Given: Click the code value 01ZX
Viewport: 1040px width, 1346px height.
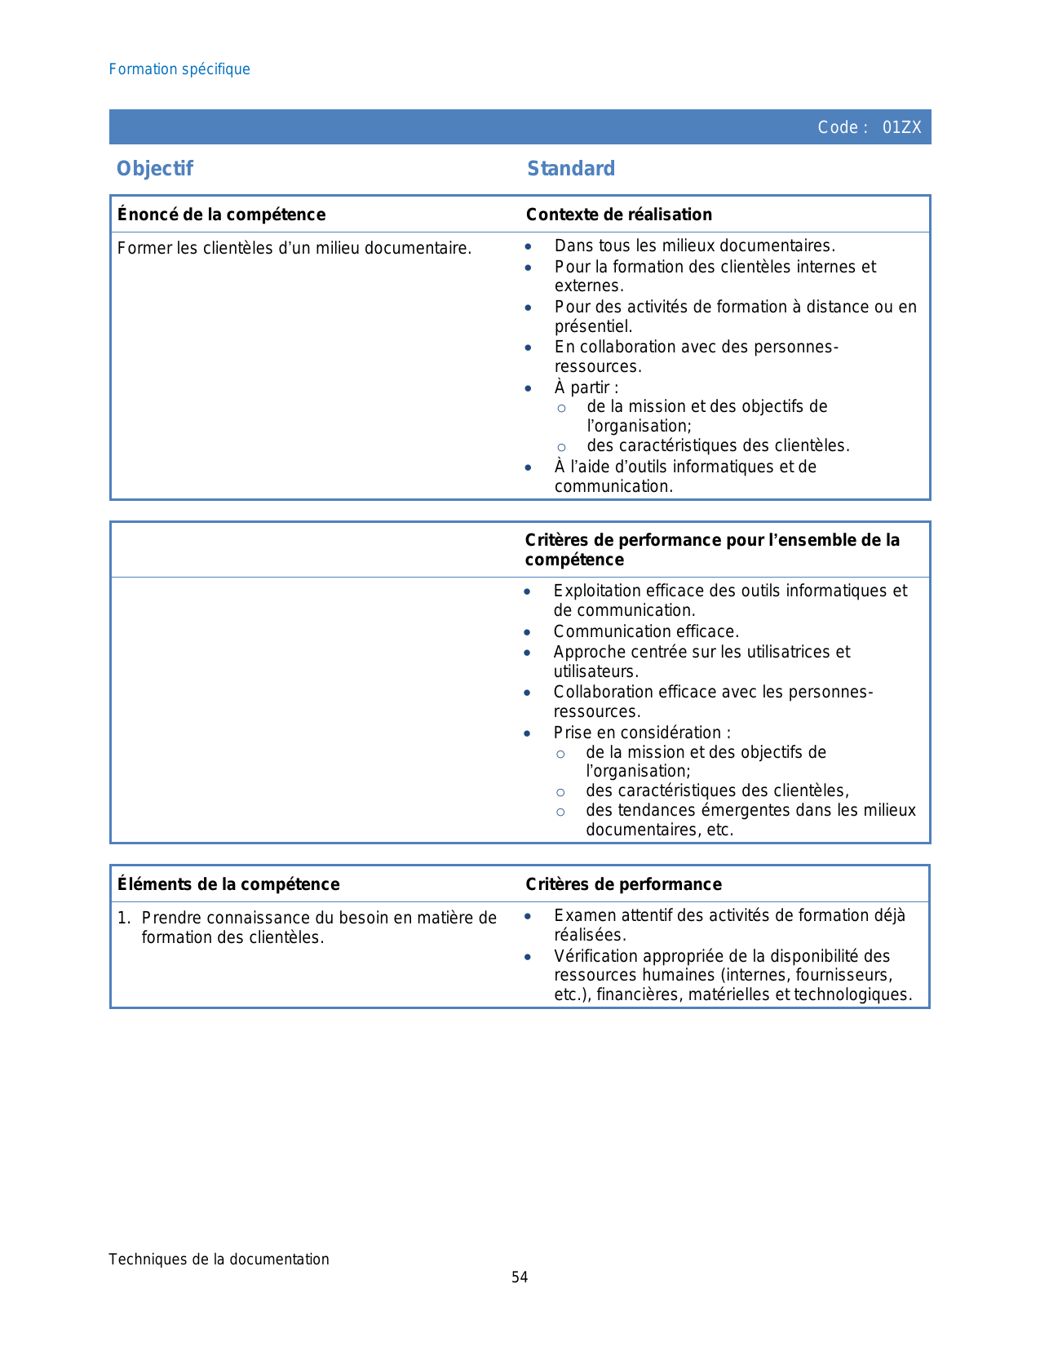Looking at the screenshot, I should (x=901, y=127).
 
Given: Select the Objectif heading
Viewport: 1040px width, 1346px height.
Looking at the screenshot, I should (x=155, y=169).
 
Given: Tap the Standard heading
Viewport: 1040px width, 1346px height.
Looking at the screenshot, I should (x=571, y=169).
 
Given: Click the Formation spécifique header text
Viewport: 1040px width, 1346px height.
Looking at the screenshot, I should (x=179, y=69).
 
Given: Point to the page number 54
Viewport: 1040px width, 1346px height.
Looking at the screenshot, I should (x=520, y=1277).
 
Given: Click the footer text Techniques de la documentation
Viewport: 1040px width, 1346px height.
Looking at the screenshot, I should (x=219, y=1259).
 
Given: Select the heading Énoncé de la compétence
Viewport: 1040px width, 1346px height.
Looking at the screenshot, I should (x=221, y=215).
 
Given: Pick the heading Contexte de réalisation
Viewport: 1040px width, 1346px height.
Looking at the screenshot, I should (x=618, y=215).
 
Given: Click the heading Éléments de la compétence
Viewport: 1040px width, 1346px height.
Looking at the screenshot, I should (x=228, y=884).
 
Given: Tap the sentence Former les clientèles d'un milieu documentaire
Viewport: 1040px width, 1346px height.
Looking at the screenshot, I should (x=294, y=248).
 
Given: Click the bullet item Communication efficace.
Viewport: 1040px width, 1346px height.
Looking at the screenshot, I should (x=646, y=631).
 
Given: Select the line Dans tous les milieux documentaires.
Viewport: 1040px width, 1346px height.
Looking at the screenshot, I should (x=694, y=246).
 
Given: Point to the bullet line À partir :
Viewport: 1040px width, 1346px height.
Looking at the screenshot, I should (x=586, y=387).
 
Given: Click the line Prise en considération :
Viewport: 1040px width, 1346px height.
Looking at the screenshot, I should (x=642, y=733).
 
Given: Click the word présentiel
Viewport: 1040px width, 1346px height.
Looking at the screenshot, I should (x=592, y=326).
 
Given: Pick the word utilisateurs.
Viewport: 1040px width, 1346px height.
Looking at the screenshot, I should (x=595, y=671).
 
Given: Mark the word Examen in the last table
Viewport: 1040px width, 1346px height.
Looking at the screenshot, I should (x=579, y=915).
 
